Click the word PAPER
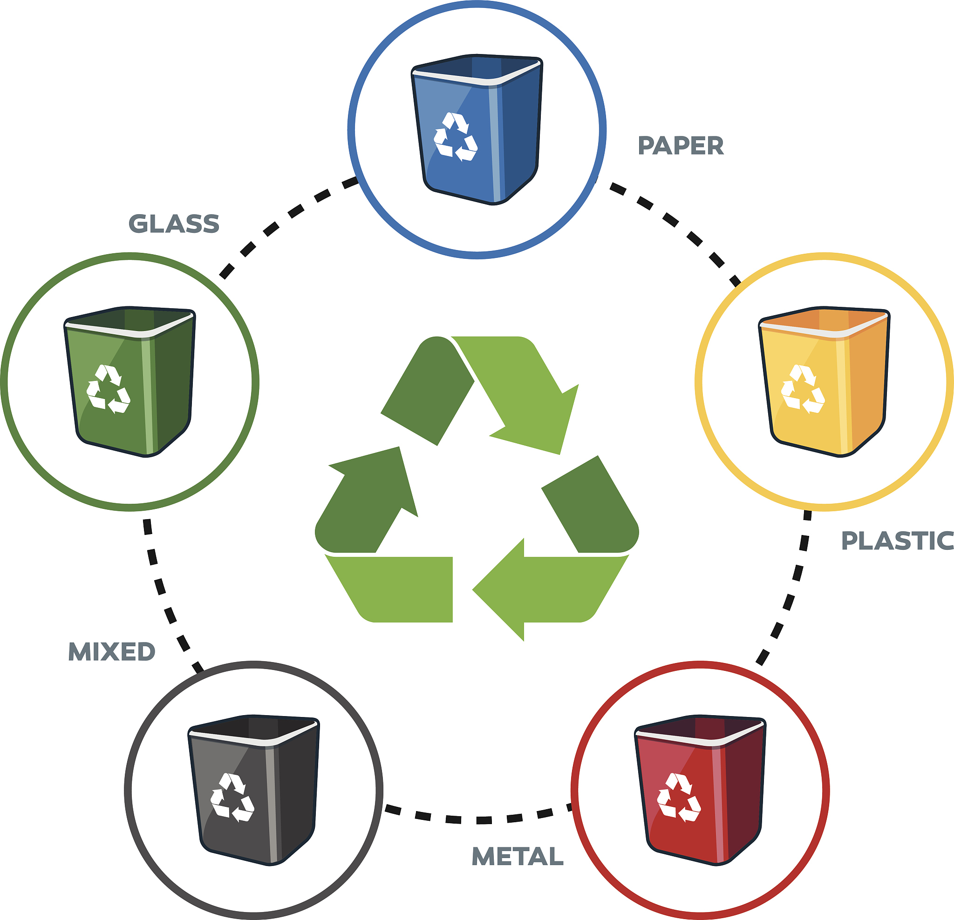coord(681,146)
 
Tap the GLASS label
coord(174,224)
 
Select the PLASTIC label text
coord(897,541)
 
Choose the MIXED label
coord(111,651)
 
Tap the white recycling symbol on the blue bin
coord(456,137)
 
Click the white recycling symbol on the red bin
coord(679,798)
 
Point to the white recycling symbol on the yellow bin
coord(803,389)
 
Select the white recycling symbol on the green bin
coord(108,389)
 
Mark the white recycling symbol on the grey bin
coord(232,798)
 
